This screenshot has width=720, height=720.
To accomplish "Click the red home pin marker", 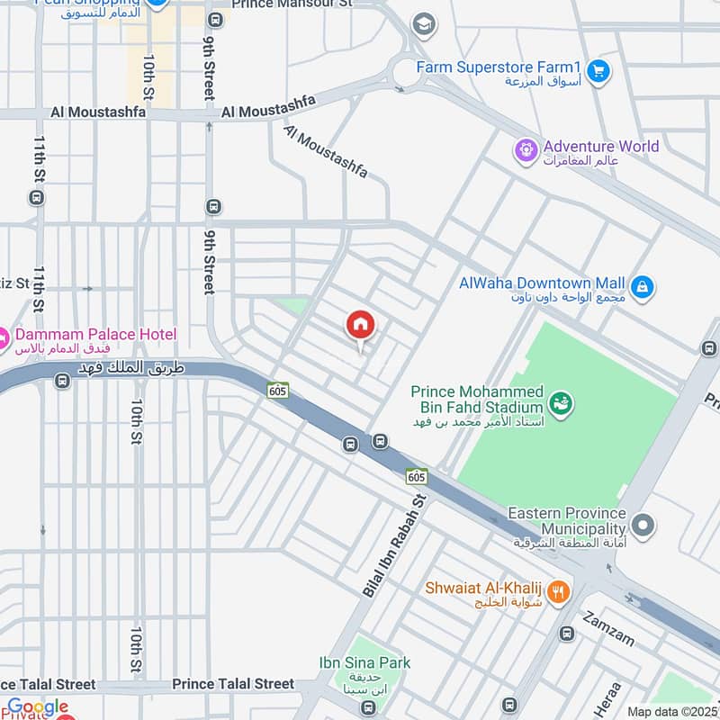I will (360, 326).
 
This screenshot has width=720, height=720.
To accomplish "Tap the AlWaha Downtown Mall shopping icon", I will (642, 288).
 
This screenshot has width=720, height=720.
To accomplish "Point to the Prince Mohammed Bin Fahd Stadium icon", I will (560, 401).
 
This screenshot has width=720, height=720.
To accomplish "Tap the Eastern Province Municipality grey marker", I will (643, 523).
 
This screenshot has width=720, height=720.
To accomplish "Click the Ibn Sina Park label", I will (364, 663).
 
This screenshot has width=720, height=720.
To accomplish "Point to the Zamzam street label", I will (608, 629).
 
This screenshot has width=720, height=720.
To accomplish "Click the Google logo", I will (38, 707).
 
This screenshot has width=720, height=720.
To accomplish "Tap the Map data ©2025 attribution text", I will (672, 711).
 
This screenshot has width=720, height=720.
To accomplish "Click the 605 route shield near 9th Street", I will (277, 390).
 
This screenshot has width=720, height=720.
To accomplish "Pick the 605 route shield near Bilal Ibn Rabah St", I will (417, 474).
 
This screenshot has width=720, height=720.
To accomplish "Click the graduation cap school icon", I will (422, 24).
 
